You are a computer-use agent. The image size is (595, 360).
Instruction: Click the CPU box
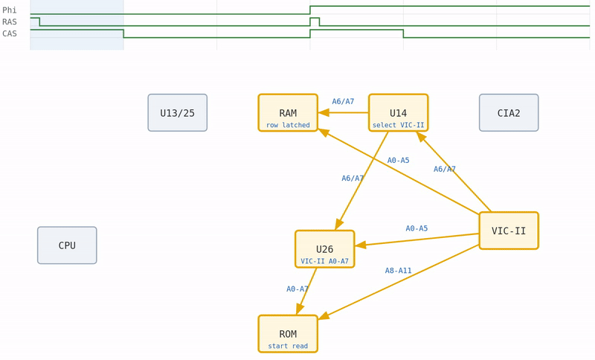coord(67,245)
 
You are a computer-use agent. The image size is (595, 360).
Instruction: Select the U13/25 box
coord(177,113)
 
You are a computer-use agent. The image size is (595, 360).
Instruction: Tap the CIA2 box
coord(509,113)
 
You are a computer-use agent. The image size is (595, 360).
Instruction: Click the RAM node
coord(288,113)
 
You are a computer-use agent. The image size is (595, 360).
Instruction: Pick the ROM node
coord(288,334)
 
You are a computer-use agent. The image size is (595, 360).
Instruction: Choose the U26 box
coord(324,249)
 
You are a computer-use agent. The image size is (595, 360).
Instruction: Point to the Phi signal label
coord(10,10)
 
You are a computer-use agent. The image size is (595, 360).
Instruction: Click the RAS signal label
coord(10,22)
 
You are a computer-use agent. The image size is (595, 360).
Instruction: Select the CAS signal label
coord(10,33)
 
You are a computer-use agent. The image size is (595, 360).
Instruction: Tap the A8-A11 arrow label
coord(398,271)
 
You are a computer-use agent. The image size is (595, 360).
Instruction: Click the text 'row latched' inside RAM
coord(288,125)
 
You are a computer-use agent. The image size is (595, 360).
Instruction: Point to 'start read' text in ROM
coord(288,346)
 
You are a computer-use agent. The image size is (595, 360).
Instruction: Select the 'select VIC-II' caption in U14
coord(398,125)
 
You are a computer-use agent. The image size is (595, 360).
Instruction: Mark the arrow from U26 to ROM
coord(306,291)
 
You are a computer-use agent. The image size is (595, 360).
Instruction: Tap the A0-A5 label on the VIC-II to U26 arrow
coord(416,228)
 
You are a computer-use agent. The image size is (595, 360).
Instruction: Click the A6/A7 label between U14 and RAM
coord(343,102)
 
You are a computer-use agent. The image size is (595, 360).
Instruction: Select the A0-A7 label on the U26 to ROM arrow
coord(297,289)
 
